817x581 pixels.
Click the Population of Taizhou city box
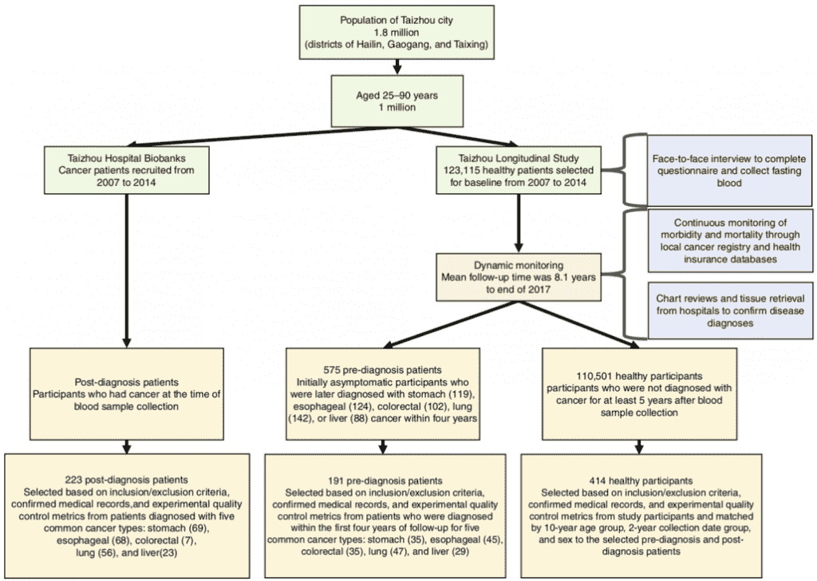(397, 32)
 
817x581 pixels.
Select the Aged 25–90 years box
(397, 101)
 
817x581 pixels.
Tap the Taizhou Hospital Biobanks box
(127, 170)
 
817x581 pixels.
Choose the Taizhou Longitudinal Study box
(519, 170)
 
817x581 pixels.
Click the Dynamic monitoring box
(519, 277)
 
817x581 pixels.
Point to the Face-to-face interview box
(729, 171)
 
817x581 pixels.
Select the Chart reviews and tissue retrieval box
(730, 310)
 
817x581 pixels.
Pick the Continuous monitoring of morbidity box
(730, 241)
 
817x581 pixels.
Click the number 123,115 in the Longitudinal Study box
(461, 171)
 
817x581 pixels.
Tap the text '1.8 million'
(397, 32)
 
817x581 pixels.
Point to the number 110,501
(595, 376)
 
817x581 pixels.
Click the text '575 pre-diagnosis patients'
(382, 370)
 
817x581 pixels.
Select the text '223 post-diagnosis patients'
(127, 480)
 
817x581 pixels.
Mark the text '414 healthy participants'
(641, 481)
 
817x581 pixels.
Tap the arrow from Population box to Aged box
(397, 67)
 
